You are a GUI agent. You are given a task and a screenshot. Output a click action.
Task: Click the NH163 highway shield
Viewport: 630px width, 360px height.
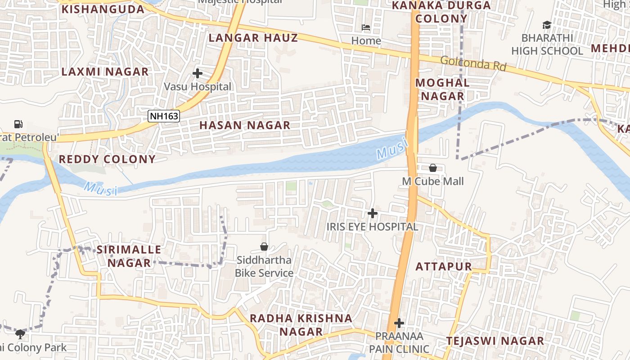coord(164,116)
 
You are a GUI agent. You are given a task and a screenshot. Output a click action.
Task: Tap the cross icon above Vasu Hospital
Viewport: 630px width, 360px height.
coord(197,73)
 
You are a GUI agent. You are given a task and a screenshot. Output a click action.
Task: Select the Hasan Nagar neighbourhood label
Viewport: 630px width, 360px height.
coord(245,126)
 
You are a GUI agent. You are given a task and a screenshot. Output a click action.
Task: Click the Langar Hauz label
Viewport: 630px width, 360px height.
coord(253,38)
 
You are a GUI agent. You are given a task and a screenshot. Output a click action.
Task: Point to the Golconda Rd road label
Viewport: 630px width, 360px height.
coord(473,63)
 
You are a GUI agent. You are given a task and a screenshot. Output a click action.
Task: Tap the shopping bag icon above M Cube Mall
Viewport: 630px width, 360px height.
coord(432,168)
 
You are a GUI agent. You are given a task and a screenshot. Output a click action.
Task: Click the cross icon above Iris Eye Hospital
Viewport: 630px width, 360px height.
coord(373,213)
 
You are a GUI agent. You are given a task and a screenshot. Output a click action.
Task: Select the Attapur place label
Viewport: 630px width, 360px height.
coord(443,266)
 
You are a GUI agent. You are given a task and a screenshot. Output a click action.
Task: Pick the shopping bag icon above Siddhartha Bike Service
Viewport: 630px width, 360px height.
coord(264,247)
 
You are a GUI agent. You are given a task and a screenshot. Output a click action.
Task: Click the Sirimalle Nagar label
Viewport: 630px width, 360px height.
coord(129,256)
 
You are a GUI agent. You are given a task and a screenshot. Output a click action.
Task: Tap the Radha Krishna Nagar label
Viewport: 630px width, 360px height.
coord(301,325)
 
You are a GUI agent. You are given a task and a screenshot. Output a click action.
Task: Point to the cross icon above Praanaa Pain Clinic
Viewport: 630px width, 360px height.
coord(399,323)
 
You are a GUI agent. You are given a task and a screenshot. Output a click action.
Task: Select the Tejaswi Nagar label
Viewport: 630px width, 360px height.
coord(495,341)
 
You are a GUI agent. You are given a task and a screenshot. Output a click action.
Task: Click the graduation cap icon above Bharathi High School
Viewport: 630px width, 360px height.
coord(547,25)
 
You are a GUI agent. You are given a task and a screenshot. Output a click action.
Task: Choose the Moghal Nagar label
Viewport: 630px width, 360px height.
coord(442,89)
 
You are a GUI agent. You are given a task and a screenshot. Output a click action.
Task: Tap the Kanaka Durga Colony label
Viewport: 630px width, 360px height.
coord(441,12)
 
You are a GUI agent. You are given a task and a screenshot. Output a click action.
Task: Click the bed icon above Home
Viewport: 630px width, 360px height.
coord(366,28)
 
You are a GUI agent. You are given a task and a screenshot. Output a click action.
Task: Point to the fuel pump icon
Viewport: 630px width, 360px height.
coord(18,124)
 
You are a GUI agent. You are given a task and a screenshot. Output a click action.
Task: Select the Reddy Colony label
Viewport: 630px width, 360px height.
coord(107,159)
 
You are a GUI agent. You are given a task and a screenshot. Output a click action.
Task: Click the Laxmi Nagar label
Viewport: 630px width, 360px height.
coord(105,72)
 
